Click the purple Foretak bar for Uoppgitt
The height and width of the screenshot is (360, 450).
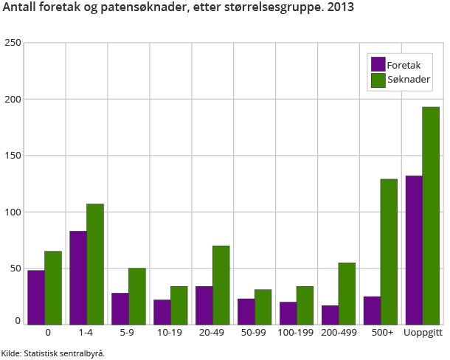[x=414, y=250]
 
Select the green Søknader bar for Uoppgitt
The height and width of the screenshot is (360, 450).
[x=431, y=215]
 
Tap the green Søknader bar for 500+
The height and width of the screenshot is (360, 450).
[x=389, y=252]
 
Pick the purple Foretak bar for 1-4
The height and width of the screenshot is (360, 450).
[x=78, y=277]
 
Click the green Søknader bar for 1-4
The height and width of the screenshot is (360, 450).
[x=95, y=264]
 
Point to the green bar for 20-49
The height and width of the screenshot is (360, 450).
[x=221, y=285]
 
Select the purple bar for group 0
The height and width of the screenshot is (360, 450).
[x=36, y=297]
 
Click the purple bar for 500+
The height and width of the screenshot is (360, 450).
[x=372, y=310]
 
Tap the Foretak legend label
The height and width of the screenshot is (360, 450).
[x=404, y=65]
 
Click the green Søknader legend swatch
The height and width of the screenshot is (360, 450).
[x=378, y=80]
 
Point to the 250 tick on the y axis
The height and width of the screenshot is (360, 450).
[x=11, y=43]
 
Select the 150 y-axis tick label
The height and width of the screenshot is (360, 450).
[x=11, y=156]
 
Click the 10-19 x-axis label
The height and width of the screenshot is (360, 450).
[x=170, y=333]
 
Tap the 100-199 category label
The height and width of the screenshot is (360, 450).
[x=297, y=333]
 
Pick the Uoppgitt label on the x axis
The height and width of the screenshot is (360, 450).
[x=423, y=333]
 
